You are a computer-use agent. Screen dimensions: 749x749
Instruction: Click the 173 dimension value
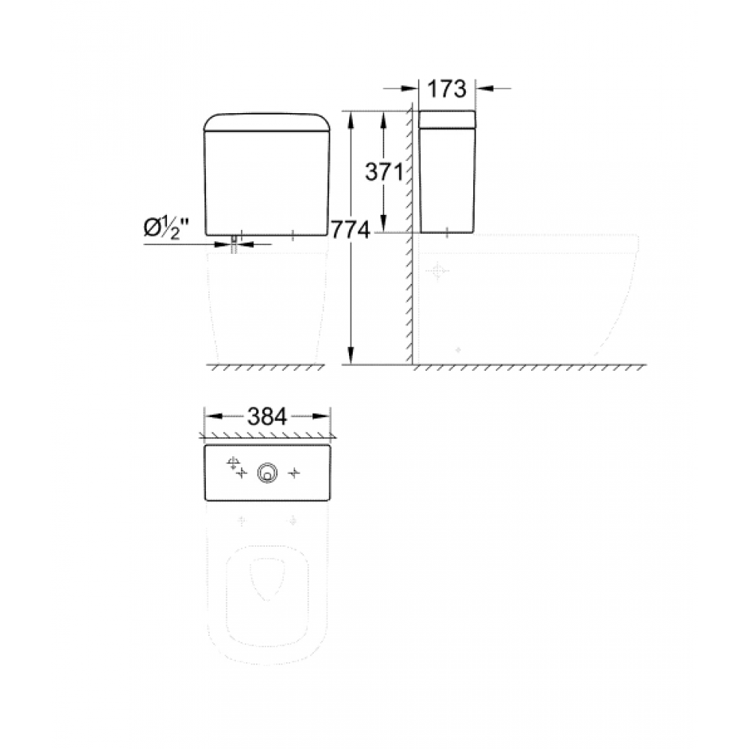pos(447,88)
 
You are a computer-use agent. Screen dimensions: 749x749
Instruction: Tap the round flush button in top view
pos(267,472)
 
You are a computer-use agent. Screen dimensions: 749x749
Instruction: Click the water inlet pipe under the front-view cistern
pos(234,243)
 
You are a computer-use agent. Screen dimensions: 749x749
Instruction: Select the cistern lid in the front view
pos(267,121)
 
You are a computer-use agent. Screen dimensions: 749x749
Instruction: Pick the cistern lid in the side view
pos(447,119)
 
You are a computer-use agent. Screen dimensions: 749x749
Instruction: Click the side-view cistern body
pos(447,180)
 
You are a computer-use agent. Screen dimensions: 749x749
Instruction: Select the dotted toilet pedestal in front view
pos(267,307)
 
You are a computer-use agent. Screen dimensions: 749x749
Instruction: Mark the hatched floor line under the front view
pos(267,367)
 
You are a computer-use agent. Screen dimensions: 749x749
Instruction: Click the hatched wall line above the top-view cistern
pos(267,435)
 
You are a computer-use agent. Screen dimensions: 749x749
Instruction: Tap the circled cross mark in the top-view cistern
pos(232,462)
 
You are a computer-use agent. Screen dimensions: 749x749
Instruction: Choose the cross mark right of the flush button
pos(295,472)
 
